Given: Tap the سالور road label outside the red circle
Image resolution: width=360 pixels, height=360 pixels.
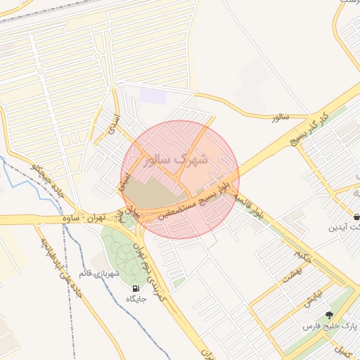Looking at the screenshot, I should [281, 117].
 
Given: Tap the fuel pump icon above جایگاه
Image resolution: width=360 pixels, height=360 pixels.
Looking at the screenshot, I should [135, 288].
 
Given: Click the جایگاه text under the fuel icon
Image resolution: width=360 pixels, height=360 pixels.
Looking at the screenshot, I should [135, 300].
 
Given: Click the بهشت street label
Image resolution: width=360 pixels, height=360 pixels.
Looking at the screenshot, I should [291, 274].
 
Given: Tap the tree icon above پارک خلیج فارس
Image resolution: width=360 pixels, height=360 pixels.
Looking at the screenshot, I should [329, 315].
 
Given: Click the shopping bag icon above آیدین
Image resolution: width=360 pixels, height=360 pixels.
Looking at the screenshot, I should [356, 217].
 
